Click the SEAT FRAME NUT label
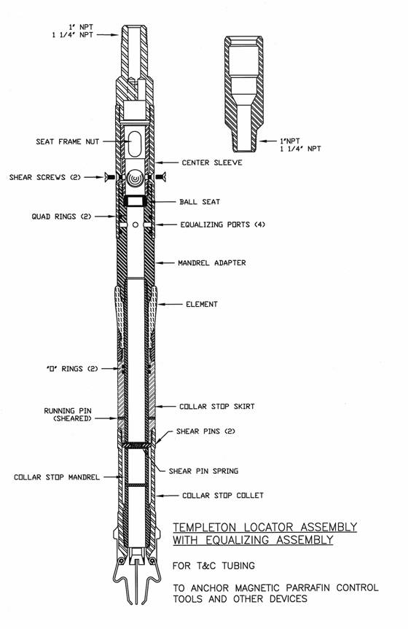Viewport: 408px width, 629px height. (x=68, y=141)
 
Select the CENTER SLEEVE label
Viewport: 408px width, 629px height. (x=212, y=163)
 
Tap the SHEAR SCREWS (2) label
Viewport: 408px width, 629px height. (x=45, y=177)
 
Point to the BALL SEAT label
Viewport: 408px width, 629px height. (x=200, y=202)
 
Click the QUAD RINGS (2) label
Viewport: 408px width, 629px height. (x=61, y=216)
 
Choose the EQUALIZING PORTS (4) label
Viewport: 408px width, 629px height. (x=223, y=224)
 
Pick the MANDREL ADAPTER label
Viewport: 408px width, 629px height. (x=212, y=263)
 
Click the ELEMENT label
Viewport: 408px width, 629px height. (x=201, y=304)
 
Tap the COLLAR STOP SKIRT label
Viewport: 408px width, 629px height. (x=216, y=407)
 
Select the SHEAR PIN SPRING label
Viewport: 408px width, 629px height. (x=203, y=471)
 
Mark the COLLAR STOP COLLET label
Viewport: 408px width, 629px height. (x=223, y=496)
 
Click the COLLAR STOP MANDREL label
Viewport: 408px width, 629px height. (x=57, y=477)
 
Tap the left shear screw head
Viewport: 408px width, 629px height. (x=107, y=177)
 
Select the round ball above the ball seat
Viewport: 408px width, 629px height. (x=136, y=179)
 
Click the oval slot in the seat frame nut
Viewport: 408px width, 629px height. (x=136, y=144)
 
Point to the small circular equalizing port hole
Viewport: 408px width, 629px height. (x=136, y=224)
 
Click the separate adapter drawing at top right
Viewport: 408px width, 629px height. (x=244, y=93)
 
